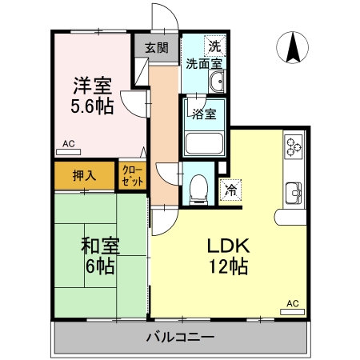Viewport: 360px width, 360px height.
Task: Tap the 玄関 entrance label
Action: coord(157,47)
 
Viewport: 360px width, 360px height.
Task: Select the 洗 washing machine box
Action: coord(214,44)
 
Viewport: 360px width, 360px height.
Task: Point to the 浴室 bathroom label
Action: coord(204,113)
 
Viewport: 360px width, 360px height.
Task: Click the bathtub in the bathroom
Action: coord(205,143)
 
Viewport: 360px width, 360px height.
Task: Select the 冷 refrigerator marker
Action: coord(230,190)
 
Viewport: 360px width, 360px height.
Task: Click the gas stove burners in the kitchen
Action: coord(293,146)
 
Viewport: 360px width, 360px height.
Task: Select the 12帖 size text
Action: coord(227,267)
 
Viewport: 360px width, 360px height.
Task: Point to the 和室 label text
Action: coord(100,246)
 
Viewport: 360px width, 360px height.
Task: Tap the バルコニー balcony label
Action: coord(180,337)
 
